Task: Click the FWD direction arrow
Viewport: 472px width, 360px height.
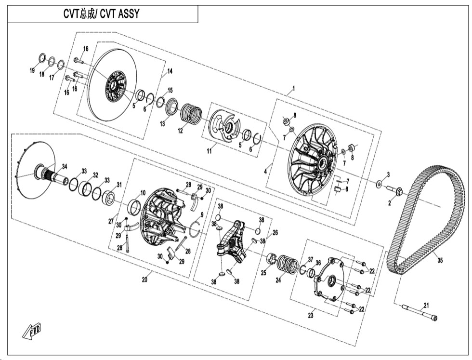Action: [x=32, y=331]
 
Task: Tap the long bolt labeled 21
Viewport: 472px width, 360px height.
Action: [x=420, y=313]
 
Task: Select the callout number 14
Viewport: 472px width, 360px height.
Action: [x=169, y=72]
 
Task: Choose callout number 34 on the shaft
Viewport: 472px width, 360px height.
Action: [x=65, y=167]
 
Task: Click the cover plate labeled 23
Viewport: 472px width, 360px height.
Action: [x=330, y=277]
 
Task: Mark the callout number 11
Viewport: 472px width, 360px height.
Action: [x=209, y=151]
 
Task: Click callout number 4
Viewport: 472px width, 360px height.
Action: [x=265, y=170]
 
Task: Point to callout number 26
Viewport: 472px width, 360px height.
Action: [x=275, y=232]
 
